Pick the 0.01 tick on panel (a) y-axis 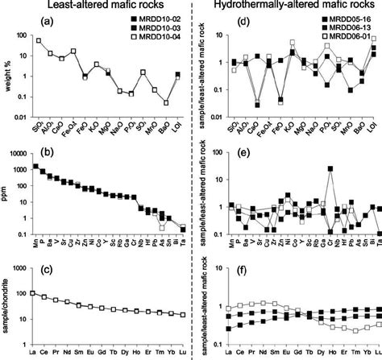[x=22, y=118]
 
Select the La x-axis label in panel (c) [x=33, y=352]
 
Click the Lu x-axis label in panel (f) [x=376, y=352]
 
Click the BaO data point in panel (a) [x=166, y=102]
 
